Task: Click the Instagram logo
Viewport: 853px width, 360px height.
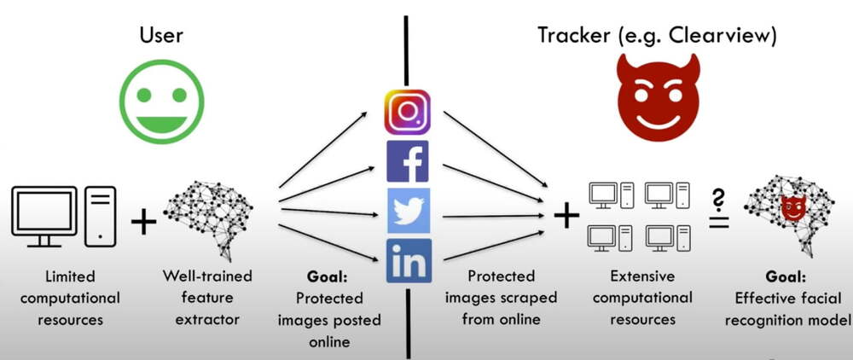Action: point(407,112)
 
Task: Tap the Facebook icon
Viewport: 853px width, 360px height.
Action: point(408,161)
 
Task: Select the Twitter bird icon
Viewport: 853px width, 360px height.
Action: point(408,211)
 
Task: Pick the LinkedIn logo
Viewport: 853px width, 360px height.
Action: point(408,260)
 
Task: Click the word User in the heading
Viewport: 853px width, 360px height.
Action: point(161,35)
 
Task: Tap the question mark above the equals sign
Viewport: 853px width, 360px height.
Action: point(718,200)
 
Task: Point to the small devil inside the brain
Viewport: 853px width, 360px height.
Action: point(793,207)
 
